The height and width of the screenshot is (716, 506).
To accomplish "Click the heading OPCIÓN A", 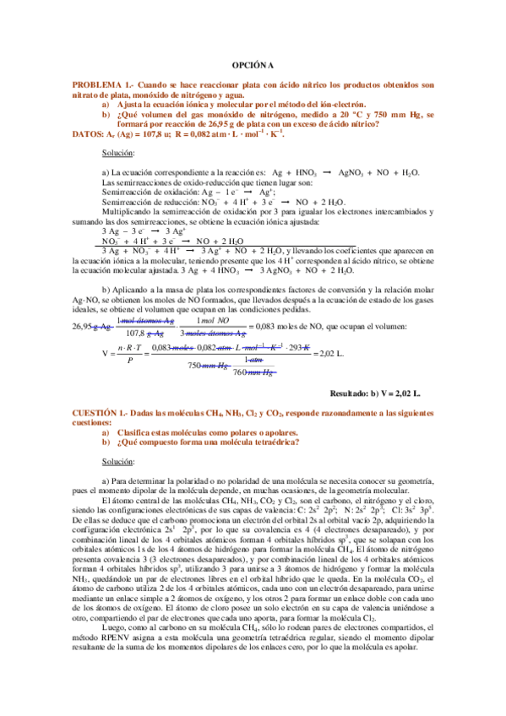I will point(253,65).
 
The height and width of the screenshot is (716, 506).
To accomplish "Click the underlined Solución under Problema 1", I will point(117,153).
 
